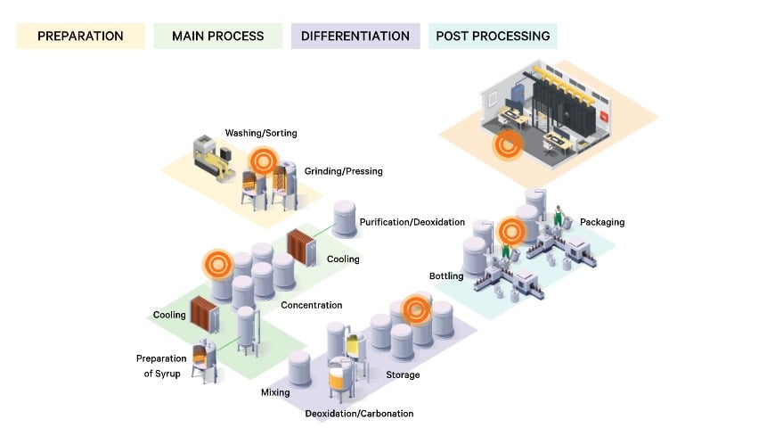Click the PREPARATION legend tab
click(80, 37)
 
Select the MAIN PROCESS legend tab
click(218, 37)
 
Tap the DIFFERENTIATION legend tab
click(355, 37)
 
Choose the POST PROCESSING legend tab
click(493, 37)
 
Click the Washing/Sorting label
click(261, 133)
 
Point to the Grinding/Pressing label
click(344, 171)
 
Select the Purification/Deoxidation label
click(412, 222)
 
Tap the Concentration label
click(312, 305)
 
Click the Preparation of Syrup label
click(161, 366)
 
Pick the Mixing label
click(275, 392)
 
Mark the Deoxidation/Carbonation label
click(359, 414)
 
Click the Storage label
click(403, 375)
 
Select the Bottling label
click(446, 276)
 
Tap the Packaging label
click(602, 222)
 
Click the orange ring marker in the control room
click(507, 145)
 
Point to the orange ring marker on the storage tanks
click(416, 309)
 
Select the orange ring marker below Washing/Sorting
click(263, 160)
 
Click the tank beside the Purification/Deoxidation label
click(345, 218)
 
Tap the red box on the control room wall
click(604, 116)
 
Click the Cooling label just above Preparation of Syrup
click(169, 315)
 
